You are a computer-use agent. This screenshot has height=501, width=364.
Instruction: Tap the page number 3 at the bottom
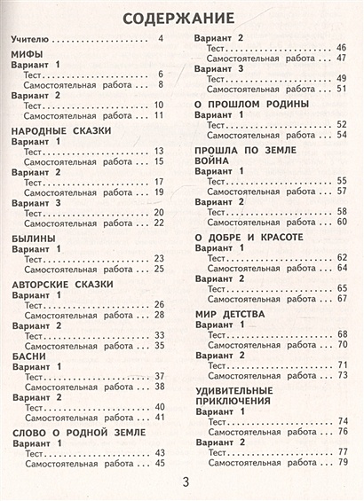pyautogui.click(x=186, y=481)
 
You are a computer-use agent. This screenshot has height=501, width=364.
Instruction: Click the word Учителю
pyautogui.click(x=28, y=41)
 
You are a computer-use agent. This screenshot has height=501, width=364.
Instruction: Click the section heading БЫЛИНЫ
pyautogui.click(x=36, y=239)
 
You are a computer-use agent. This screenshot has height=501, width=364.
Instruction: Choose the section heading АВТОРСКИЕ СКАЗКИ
pyautogui.click(x=61, y=283)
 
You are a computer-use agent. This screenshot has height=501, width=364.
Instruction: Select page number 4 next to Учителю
pyautogui.click(x=161, y=41)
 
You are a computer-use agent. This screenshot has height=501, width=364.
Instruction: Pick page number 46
pyautogui.click(x=341, y=46)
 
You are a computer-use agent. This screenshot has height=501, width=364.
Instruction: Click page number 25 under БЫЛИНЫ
pyautogui.click(x=161, y=268)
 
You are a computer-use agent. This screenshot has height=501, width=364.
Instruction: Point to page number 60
pyautogui.click(x=341, y=220)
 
